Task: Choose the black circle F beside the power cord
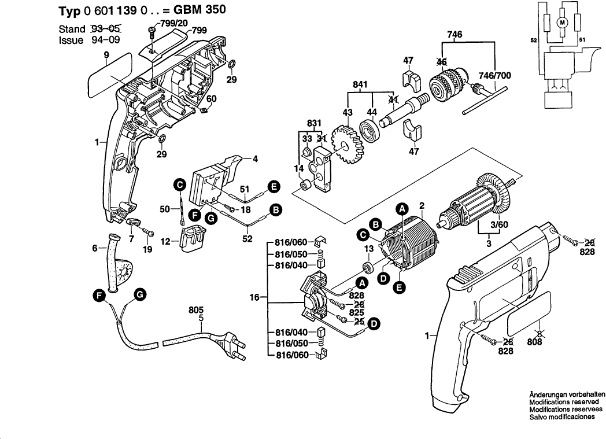pyautogui.click(x=101, y=296)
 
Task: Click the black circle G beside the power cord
pyautogui.click(x=139, y=295)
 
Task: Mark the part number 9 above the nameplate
pyautogui.click(x=106, y=55)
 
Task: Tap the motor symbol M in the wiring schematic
pyautogui.click(x=561, y=22)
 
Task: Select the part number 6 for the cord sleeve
pyautogui.click(x=95, y=249)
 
